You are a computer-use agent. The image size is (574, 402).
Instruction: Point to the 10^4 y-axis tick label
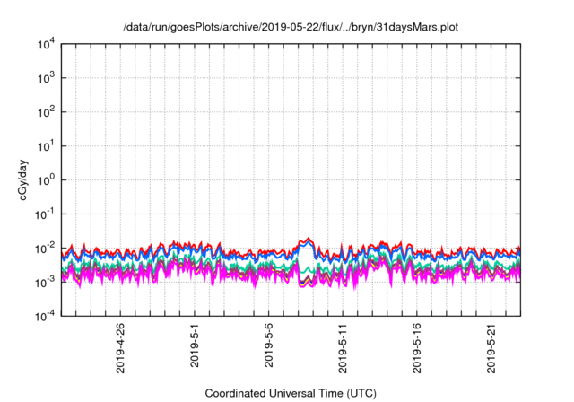pyautogui.click(x=48, y=44)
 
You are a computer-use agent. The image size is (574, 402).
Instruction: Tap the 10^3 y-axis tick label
pyautogui.click(x=48, y=78)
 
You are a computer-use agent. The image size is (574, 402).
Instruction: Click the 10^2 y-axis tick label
pyautogui.click(x=48, y=111)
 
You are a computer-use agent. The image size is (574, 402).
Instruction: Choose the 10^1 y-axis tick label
pyautogui.click(x=48, y=145)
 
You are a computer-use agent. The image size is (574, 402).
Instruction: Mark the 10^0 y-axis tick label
pyautogui.click(x=48, y=179)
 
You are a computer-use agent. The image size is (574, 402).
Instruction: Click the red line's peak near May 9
pyautogui.click(x=309, y=238)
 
